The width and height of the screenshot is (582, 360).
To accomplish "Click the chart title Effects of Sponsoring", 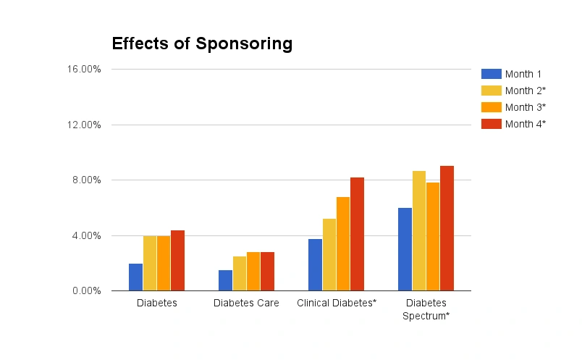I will pos(202,43).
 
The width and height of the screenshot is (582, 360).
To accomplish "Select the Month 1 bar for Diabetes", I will pos(136,277).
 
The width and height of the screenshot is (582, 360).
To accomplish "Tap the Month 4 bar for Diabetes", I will pos(178,261).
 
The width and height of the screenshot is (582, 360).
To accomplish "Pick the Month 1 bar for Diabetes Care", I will pos(226,280).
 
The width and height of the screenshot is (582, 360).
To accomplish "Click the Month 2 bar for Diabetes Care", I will pos(240,274).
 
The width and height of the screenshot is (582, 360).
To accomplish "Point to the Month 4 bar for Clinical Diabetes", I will pos(358,234).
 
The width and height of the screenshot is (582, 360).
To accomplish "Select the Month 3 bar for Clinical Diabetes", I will pos(343,244).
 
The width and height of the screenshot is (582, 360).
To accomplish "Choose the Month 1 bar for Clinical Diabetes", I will pos(316,265).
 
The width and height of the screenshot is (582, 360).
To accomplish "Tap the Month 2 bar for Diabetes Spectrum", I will pos(419,231).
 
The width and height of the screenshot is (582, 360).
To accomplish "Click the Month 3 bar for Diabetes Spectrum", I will pos(433,237).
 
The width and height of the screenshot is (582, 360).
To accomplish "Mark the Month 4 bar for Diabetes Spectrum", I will pos(447,228).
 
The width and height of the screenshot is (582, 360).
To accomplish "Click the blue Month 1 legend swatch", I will pos(491,74).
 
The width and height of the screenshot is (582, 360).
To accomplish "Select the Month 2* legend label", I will pos(525,91).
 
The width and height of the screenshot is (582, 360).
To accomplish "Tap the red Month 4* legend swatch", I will pos(491,124).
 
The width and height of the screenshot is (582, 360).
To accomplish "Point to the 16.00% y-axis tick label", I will pos(85,70).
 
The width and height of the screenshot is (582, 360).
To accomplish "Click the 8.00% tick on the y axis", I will pos(88,180).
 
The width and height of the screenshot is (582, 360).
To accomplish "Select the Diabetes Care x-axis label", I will pos(246,304).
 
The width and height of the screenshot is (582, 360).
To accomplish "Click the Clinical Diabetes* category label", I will pos(337,304).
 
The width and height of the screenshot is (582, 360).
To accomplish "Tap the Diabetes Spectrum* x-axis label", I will pos(426,309).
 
